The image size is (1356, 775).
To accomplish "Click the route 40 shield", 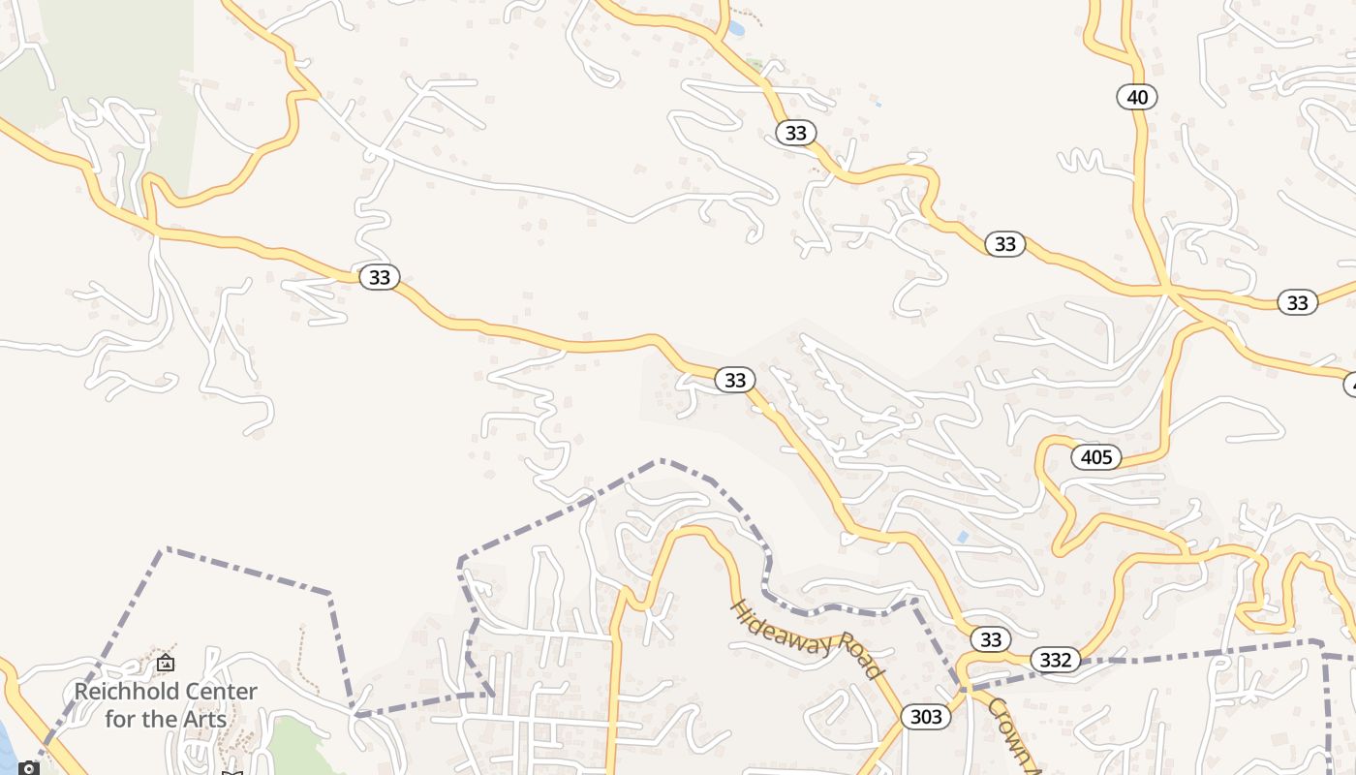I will coord(1137,97).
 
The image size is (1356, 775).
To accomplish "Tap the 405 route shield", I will coord(1096,456).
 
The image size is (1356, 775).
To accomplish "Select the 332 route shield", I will coord(1055,660).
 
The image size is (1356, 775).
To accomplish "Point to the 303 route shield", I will coord(926,717).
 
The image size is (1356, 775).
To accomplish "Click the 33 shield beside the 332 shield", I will coord(990,639).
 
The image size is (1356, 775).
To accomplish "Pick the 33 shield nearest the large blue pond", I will coord(795,133).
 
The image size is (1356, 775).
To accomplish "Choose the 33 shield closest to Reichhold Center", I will coord(380,277).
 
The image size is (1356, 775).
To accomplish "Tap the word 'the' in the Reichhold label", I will coord(158,719).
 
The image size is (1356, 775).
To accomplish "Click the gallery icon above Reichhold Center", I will coord(166,664).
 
